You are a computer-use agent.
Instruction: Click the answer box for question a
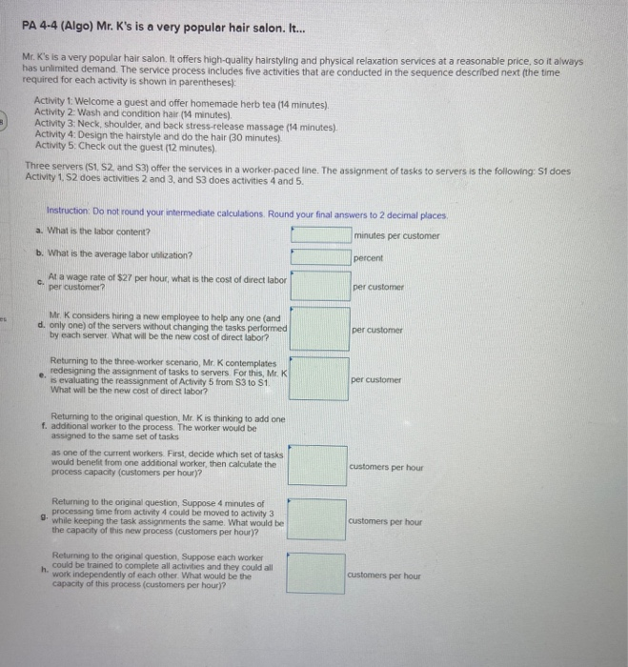pyautogui.click(x=320, y=234)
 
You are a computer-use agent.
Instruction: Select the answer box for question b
pyautogui.click(x=320, y=255)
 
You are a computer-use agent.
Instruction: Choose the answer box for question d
pyautogui.click(x=320, y=329)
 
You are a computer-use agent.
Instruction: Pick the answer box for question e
pyautogui.click(x=320, y=379)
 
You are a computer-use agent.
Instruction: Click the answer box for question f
pyautogui.click(x=316, y=465)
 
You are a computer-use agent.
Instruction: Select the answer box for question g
pyautogui.click(x=316, y=520)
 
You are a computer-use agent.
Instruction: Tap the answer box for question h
pyautogui.click(x=316, y=575)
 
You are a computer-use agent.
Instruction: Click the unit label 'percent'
pyautogui.click(x=367, y=257)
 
